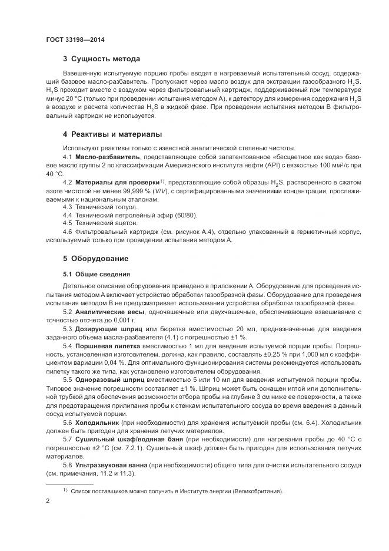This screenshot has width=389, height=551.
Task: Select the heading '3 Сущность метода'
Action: click(102, 59)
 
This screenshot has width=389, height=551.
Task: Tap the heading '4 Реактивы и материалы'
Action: click(112, 134)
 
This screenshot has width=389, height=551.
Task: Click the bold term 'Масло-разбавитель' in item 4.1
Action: click(107, 157)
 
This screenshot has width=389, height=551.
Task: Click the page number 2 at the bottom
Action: click(48, 501)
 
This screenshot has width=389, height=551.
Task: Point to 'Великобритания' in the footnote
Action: click(250, 491)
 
